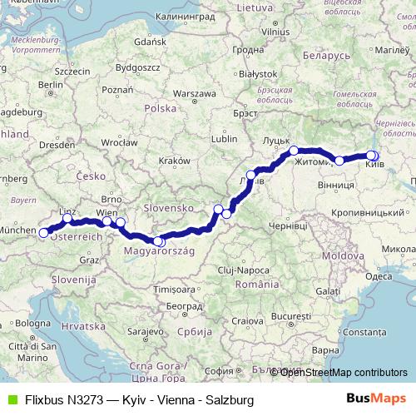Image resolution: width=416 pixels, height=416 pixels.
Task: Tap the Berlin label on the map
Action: [x=50, y=85]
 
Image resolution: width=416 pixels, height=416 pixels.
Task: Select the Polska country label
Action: [x=161, y=109]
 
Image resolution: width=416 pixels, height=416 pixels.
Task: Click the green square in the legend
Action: [x=12, y=399]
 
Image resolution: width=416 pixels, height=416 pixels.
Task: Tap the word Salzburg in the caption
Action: [x=229, y=399]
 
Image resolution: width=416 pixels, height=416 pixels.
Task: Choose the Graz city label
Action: [x=88, y=260]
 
